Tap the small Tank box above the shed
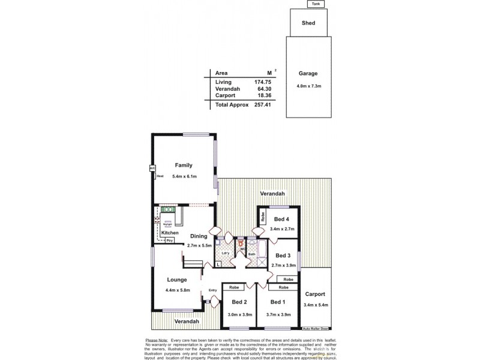pyautogui.click(x=315, y=4)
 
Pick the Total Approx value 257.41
pyautogui.click(x=256, y=104)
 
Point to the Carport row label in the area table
pyautogui.click(x=224, y=95)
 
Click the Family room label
pyautogui.click(x=183, y=165)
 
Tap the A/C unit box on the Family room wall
pyautogui.click(x=152, y=169)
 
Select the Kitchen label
pyautogui.click(x=170, y=232)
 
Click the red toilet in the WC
pyautogui.click(x=241, y=244)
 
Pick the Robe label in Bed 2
pyautogui.click(x=235, y=287)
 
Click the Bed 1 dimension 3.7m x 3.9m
pyautogui.click(x=278, y=314)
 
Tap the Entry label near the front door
pyautogui.click(x=212, y=291)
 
